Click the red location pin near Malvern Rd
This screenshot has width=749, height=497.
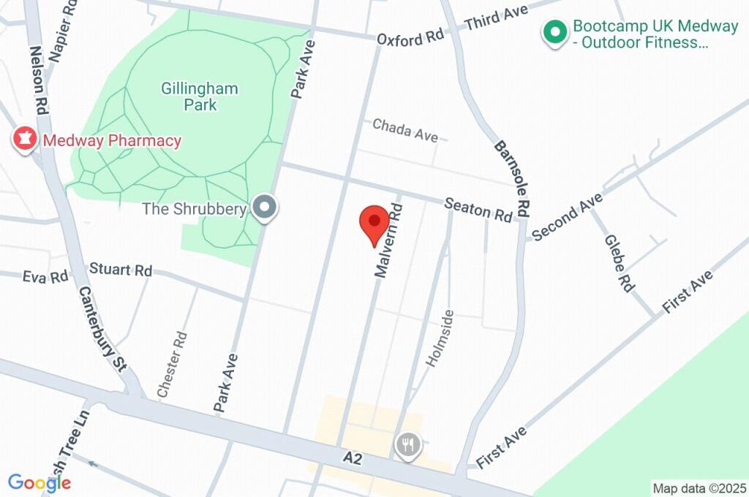[374, 221]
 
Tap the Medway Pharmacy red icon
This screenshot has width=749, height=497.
[26, 139]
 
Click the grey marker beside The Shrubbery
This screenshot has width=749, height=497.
[265, 208]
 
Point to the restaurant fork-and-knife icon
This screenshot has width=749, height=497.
[407, 444]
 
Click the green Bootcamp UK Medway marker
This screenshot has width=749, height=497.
[555, 33]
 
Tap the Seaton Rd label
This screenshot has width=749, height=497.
[479, 210]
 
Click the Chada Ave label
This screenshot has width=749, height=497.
[404, 130]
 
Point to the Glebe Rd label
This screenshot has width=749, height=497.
[619, 263]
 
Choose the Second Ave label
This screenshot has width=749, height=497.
[568, 216]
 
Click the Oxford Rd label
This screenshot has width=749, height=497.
[410, 37]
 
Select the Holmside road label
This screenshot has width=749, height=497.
[440, 338]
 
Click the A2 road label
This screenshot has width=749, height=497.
[353, 458]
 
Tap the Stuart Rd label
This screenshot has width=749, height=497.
[121, 269]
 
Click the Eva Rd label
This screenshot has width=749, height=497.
[45, 276]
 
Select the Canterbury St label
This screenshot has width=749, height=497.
[102, 329]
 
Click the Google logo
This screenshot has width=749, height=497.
[39, 482]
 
